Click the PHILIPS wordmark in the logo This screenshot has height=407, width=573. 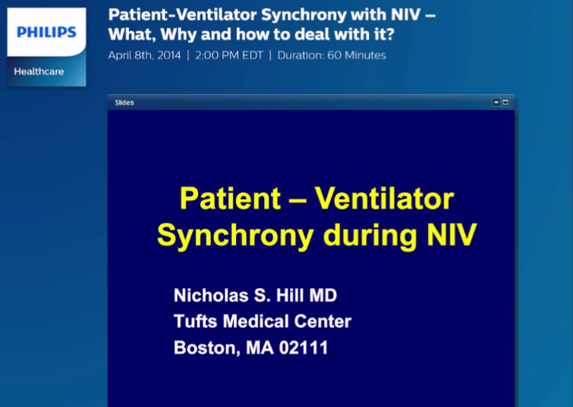click(46, 32)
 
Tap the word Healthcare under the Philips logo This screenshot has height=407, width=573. click(39, 71)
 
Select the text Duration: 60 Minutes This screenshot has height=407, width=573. click(332, 55)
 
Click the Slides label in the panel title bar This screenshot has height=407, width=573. click(124, 102)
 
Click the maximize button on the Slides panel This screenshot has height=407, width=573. click(505, 102)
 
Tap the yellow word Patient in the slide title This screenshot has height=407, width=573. click(230, 199)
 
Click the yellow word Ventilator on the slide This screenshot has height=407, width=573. click(384, 199)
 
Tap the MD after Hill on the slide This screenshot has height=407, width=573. click(321, 295)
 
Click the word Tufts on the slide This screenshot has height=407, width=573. click(196, 321)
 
